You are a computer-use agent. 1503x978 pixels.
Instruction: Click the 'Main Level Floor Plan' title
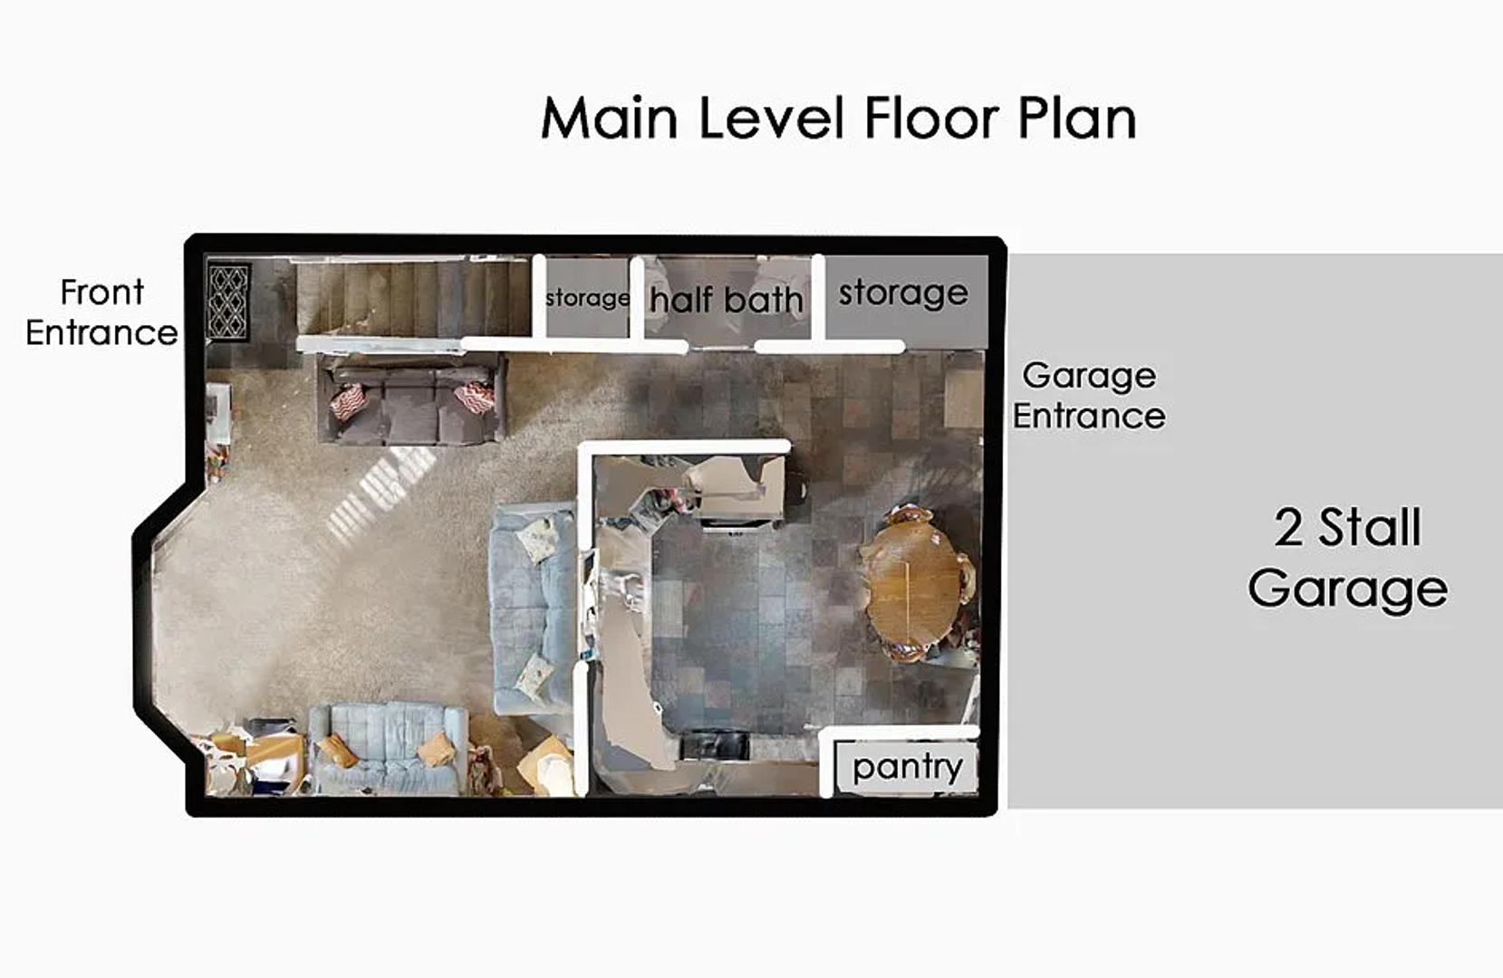point(838,118)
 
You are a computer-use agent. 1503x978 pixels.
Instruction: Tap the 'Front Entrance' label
point(102,312)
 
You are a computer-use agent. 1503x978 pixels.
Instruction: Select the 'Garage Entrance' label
point(1089,396)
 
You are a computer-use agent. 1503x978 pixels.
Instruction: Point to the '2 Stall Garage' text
point(1347,559)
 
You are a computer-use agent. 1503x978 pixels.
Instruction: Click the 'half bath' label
point(726,299)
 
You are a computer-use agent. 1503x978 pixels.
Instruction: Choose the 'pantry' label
point(907,767)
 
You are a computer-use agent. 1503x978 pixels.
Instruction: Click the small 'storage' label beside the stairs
point(588,298)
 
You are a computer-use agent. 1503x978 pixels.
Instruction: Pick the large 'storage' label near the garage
point(903,293)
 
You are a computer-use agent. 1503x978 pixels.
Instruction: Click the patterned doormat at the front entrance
point(229,302)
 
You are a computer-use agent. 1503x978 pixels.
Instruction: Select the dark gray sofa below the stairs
point(411,399)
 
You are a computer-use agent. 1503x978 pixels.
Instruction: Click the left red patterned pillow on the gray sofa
point(348,402)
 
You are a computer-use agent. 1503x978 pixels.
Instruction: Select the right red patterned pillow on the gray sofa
point(475,398)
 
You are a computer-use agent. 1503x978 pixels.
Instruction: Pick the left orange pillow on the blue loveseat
point(338,752)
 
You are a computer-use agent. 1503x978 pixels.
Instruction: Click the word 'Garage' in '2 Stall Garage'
point(1347,589)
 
